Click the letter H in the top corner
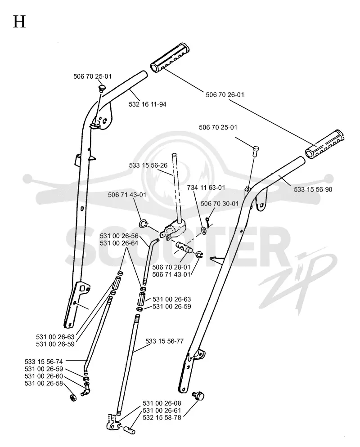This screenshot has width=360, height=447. pyautogui.click(x=19, y=22)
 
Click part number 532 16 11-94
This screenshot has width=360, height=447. pyautogui.click(x=147, y=104)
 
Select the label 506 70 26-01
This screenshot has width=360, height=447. pyautogui.click(x=225, y=94)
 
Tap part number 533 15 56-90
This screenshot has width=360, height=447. pyautogui.click(x=313, y=189)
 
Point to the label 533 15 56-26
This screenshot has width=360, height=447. pyautogui.click(x=148, y=165)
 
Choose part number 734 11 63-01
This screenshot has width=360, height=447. pyautogui.click(x=206, y=188)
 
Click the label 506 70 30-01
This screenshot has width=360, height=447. pyautogui.click(x=219, y=204)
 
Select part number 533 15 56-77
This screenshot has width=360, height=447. pyautogui.click(x=164, y=341)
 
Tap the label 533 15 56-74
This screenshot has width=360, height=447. pyautogui.click(x=44, y=362)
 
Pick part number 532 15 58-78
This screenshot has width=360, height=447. pyautogui.click(x=162, y=418)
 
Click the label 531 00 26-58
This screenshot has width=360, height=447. pyautogui.click(x=44, y=384)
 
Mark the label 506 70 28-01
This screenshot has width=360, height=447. pyautogui.click(x=171, y=267)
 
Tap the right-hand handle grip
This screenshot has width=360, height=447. pyautogui.click(x=324, y=144)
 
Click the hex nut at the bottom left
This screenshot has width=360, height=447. pyautogui.click(x=73, y=397)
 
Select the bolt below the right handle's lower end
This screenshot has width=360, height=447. pyautogui.click(x=198, y=396)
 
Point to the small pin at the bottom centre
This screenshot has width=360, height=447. pyautogui.click(x=129, y=429)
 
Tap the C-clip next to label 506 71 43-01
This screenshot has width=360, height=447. pyautogui.click(x=143, y=223)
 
